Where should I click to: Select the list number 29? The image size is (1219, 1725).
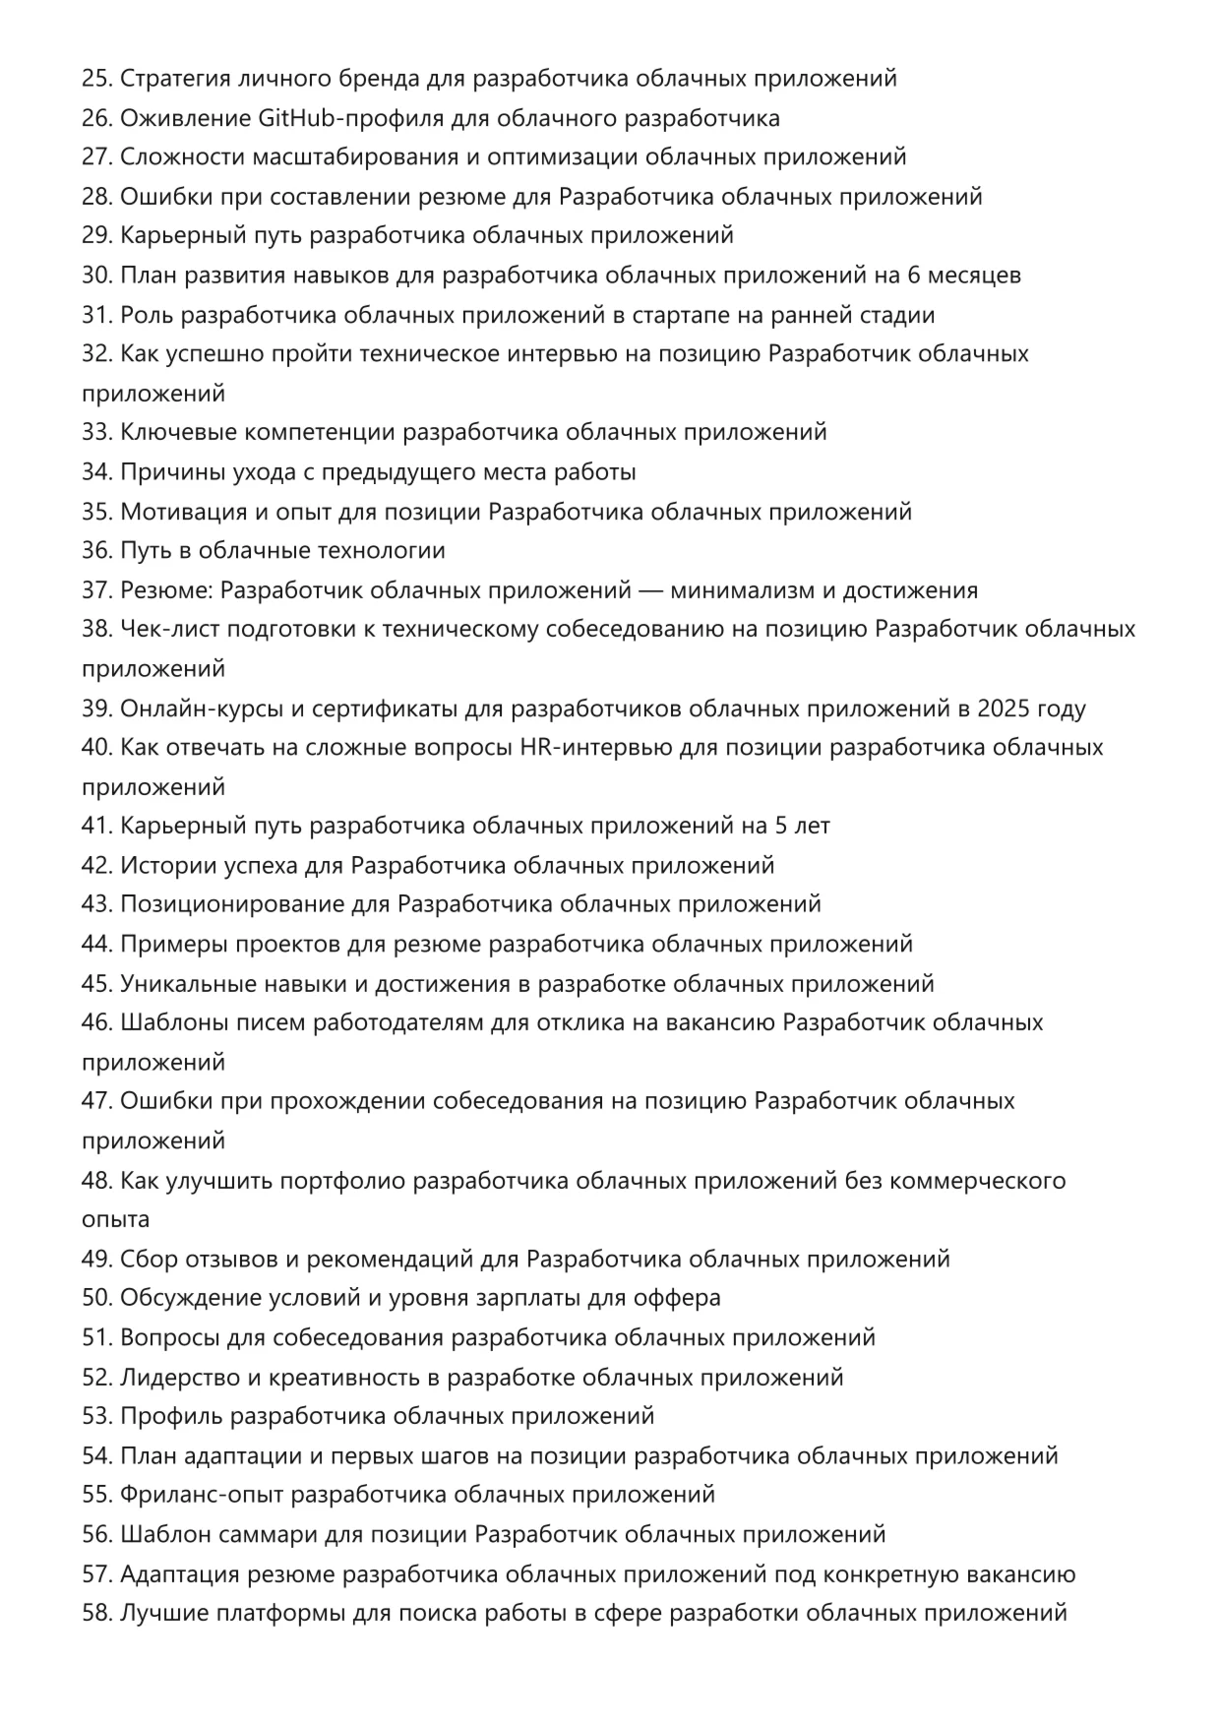tap(96, 236)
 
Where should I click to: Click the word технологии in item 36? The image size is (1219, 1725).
tap(380, 551)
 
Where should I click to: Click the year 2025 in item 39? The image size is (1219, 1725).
tap(1002, 708)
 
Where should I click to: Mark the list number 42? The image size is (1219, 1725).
tap(96, 866)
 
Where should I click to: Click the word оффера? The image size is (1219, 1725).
tap(678, 1298)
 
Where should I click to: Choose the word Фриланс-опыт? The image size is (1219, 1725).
tap(201, 1495)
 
